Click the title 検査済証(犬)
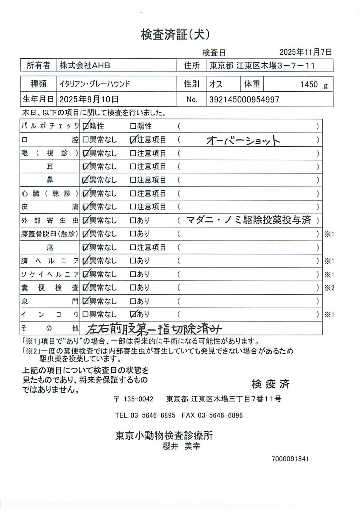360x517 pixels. (175, 34)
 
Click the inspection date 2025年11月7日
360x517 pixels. (305, 52)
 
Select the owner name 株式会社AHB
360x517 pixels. (85, 65)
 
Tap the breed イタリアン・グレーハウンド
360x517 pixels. (95, 84)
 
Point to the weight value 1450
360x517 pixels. (309, 85)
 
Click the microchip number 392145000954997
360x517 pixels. (244, 99)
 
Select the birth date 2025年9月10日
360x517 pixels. (88, 99)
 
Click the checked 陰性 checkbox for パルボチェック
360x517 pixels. (85, 126)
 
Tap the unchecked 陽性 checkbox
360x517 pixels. (133, 126)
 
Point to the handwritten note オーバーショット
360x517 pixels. (243, 140)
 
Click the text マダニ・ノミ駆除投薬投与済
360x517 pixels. (248, 220)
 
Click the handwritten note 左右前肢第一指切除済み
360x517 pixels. (154, 329)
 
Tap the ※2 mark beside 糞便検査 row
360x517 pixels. (329, 288)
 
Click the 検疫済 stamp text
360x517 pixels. (270, 384)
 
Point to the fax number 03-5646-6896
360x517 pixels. (220, 415)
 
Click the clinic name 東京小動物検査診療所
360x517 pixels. (164, 435)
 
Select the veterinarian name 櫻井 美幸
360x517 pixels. (181, 446)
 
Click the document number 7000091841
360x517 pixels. (290, 459)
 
